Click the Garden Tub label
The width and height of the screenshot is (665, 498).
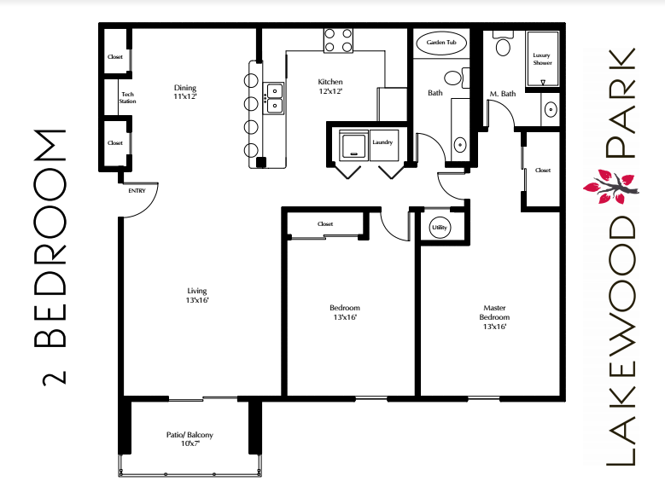coord(440,42)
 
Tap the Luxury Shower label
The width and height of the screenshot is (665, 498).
coord(542,58)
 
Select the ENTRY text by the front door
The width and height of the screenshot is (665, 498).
coord(137,191)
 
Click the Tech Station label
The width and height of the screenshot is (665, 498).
coord(127,97)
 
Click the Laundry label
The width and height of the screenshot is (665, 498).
coord(382,142)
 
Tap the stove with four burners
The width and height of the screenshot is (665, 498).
coord(338,40)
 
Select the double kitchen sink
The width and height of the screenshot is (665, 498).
coord(273,98)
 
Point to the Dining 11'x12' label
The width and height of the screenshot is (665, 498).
coord(185,91)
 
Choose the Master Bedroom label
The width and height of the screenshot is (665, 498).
coord(495,316)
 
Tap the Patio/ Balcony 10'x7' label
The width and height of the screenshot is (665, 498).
coord(190,439)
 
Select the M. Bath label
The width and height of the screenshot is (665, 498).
coord(503,93)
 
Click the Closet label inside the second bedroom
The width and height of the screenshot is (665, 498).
coord(324,224)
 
